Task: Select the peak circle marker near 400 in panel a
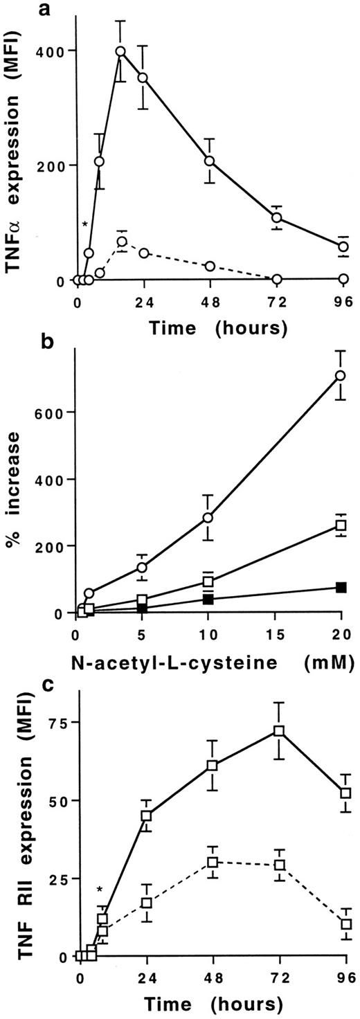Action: click(x=120, y=52)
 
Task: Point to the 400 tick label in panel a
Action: click(x=55, y=51)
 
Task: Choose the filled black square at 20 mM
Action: click(x=341, y=587)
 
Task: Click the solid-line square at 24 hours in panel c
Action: click(x=146, y=815)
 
